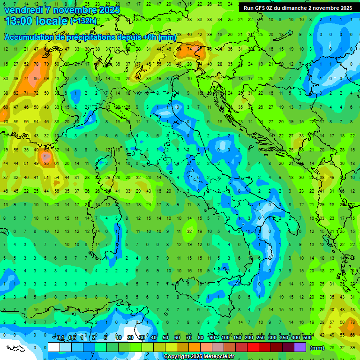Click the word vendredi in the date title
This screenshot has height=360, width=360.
click(24, 10)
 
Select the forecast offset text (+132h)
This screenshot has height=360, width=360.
click(83, 21)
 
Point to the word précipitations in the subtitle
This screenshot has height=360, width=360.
click(86, 37)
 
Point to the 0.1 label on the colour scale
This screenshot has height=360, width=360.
click(60, 338)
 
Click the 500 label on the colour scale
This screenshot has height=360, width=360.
click(307, 338)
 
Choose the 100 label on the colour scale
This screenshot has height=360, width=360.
click(225, 338)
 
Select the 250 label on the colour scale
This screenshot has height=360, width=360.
click(261, 338)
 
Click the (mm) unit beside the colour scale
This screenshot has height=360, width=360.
click(317, 347)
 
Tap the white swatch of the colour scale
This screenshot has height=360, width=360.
click(54, 347)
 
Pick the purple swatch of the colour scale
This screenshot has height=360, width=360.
click(300, 347)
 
